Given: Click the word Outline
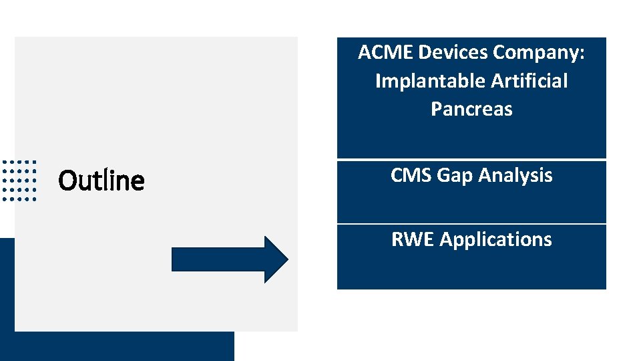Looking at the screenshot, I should click(x=101, y=180).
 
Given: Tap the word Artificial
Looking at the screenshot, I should click(x=529, y=81).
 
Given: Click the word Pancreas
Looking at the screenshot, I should click(x=471, y=109).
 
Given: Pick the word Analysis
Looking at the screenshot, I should click(x=515, y=176).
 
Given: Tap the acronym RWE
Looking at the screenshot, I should click(x=413, y=239).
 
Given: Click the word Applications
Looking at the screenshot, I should click(x=496, y=240).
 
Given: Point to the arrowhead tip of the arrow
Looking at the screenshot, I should click(x=287, y=259).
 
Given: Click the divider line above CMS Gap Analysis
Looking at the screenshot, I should click(x=471, y=160).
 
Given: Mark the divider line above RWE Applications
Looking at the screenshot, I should click(x=471, y=224).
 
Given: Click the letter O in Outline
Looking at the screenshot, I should click(x=66, y=180).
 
